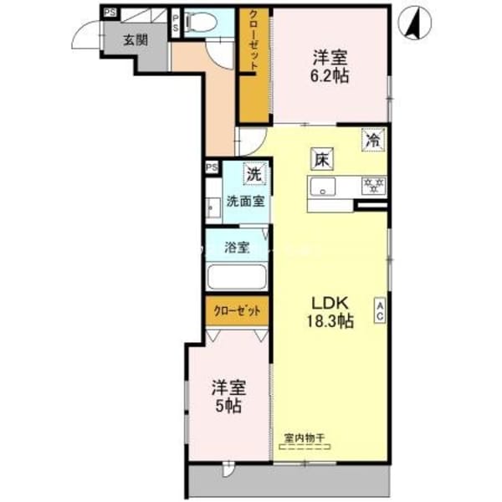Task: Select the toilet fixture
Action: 200,22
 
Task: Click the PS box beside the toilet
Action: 175,23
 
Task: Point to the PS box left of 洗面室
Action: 211,167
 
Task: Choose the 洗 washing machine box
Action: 253,174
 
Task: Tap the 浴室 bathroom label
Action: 237,248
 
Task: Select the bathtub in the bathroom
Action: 236,277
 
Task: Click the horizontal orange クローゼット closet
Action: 238,310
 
